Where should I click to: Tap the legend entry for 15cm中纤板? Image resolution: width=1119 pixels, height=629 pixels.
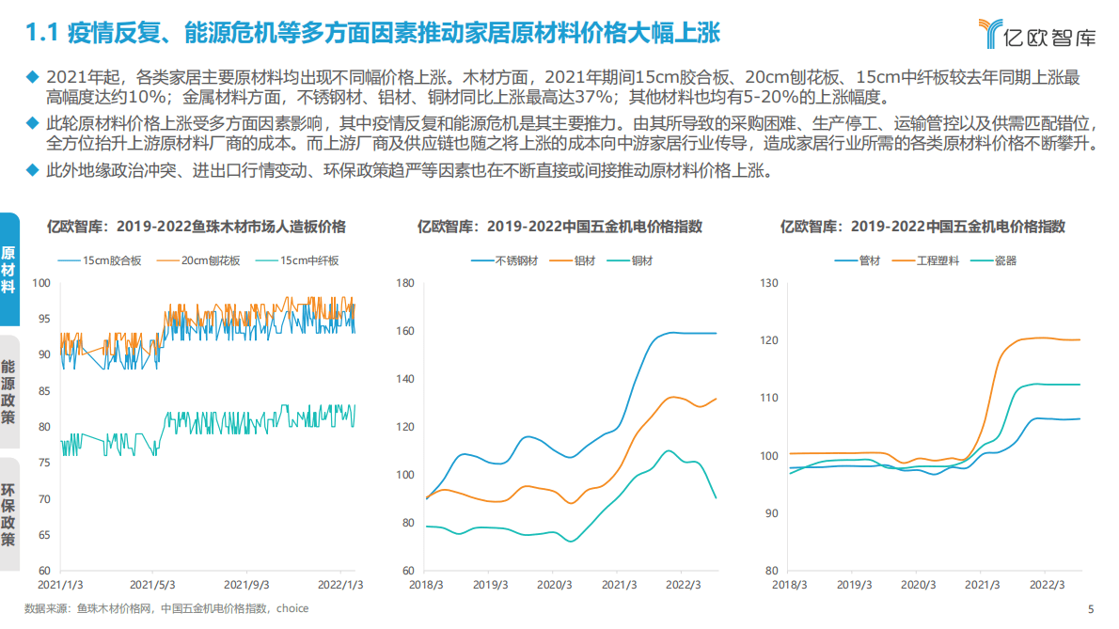[308, 260]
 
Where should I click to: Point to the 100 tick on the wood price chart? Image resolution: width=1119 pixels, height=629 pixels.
[41, 283]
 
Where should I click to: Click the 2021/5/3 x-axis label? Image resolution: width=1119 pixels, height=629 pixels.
[152, 584]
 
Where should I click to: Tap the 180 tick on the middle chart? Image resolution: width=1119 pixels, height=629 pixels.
[405, 283]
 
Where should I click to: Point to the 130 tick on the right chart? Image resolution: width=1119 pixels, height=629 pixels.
[768, 283]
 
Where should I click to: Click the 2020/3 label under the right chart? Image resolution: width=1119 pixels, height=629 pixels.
[918, 584]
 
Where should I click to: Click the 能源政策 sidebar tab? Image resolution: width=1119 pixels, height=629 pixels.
[8, 390]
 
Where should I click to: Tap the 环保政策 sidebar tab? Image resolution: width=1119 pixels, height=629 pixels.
[8, 515]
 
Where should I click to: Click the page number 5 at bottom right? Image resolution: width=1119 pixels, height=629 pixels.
[1091, 608]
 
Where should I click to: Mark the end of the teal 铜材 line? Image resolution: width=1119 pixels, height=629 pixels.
[716, 497]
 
